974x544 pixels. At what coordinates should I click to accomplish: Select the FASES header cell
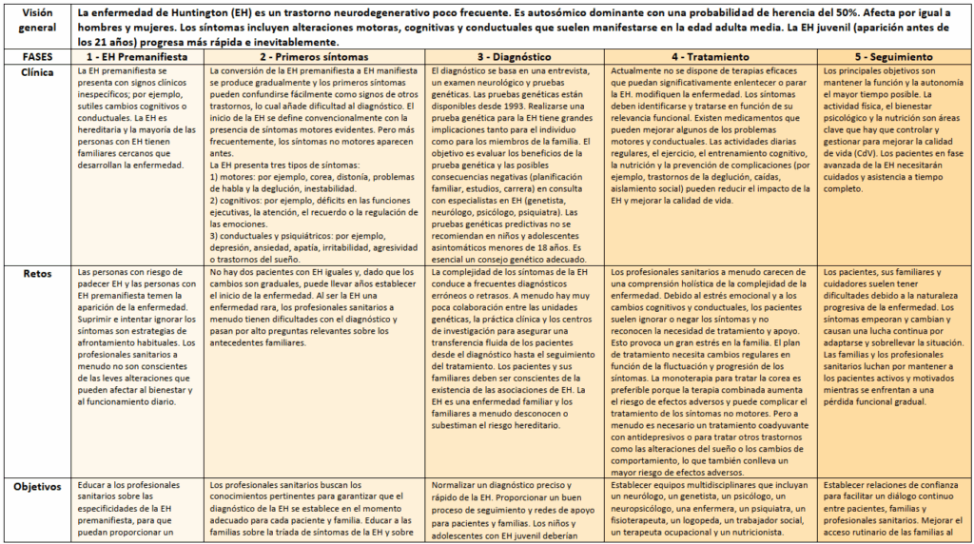coord(37,57)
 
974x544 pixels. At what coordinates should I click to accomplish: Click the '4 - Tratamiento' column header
coord(711,57)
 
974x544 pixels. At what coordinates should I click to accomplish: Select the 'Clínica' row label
coord(37,71)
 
